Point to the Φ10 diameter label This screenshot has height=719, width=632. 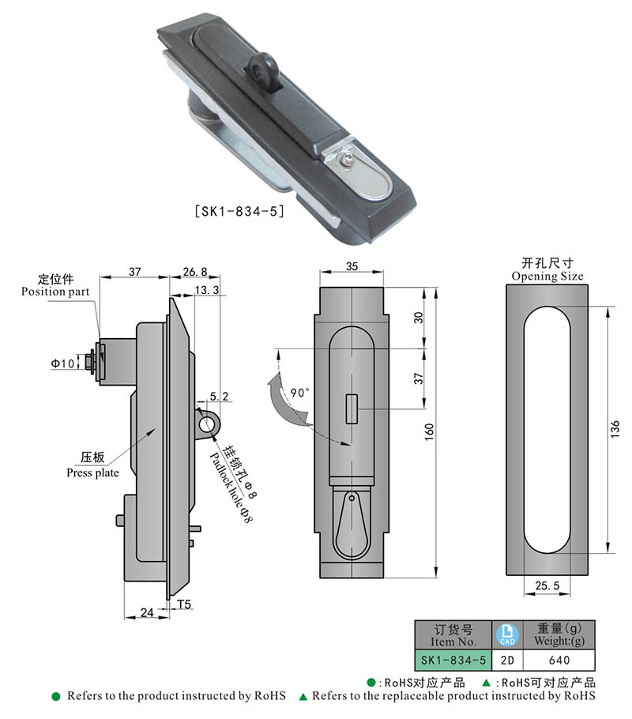coord(62,363)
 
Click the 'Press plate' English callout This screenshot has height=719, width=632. coord(93,473)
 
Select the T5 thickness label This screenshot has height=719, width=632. coord(184,605)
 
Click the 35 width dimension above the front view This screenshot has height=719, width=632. coord(352,267)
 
